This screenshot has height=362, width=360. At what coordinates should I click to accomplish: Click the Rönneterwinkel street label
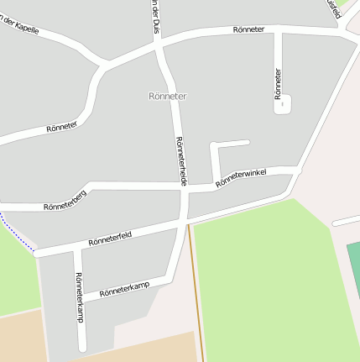point(241,177)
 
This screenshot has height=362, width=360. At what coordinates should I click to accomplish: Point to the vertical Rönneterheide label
point(180,160)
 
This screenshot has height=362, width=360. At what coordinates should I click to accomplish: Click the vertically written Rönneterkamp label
point(79,297)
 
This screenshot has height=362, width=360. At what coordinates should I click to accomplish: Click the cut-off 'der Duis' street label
point(155,18)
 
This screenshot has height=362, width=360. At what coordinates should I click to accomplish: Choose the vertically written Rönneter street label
point(278,84)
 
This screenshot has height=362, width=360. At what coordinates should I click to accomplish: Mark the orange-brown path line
point(196,294)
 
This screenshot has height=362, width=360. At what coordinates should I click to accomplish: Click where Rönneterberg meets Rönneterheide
point(184,188)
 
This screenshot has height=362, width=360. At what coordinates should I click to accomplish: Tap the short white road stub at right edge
point(346,221)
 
